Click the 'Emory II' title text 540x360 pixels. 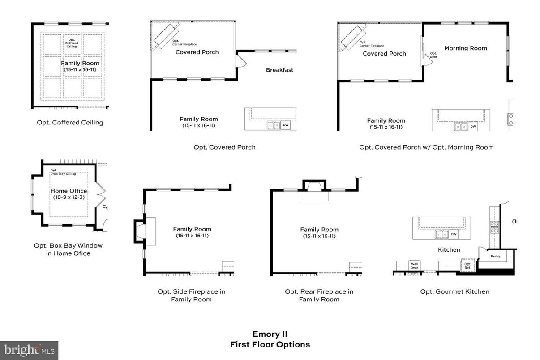pos(270,334)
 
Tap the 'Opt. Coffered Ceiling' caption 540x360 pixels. pos(70,122)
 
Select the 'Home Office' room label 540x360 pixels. pos(69,191)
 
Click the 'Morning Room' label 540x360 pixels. pos(465,48)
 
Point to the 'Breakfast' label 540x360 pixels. pos(279,70)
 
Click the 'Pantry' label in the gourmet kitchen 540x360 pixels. pos(495,257)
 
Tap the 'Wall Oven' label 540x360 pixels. pos(415,266)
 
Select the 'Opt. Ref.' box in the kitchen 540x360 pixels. pos(468,265)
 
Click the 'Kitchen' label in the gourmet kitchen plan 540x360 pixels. pos(449,249)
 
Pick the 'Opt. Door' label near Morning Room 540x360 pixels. pos(433,55)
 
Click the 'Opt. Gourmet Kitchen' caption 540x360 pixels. pos(454,291)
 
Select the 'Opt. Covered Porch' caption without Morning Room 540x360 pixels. pos(224,147)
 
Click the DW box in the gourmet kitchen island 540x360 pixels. pos(454,234)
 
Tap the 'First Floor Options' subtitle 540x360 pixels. pos(270,344)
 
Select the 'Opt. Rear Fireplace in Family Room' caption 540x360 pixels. pos(319,295)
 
